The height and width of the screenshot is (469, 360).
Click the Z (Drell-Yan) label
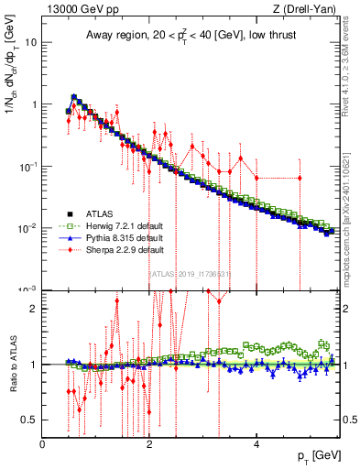(308, 10)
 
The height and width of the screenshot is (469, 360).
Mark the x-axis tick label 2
(149, 444)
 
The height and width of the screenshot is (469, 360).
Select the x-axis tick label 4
(256, 444)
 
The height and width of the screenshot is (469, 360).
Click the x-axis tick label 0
(42, 444)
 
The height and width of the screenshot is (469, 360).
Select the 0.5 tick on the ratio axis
(30, 420)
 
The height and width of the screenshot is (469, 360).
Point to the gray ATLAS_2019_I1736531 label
(189, 273)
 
